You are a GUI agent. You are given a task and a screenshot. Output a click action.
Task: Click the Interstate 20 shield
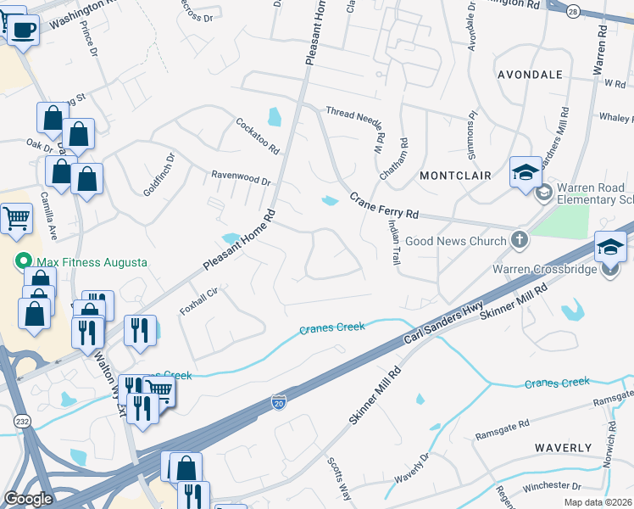pyautogui.click(x=280, y=400)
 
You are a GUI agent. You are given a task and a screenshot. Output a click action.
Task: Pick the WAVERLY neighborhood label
pyautogui.click(x=563, y=447)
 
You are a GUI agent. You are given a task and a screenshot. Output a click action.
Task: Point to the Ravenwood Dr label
pyautogui.click(x=241, y=180)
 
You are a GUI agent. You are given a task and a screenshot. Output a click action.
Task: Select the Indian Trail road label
pyautogui.click(x=393, y=243)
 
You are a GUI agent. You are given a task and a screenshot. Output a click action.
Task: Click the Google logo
pyautogui.click(x=28, y=499)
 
